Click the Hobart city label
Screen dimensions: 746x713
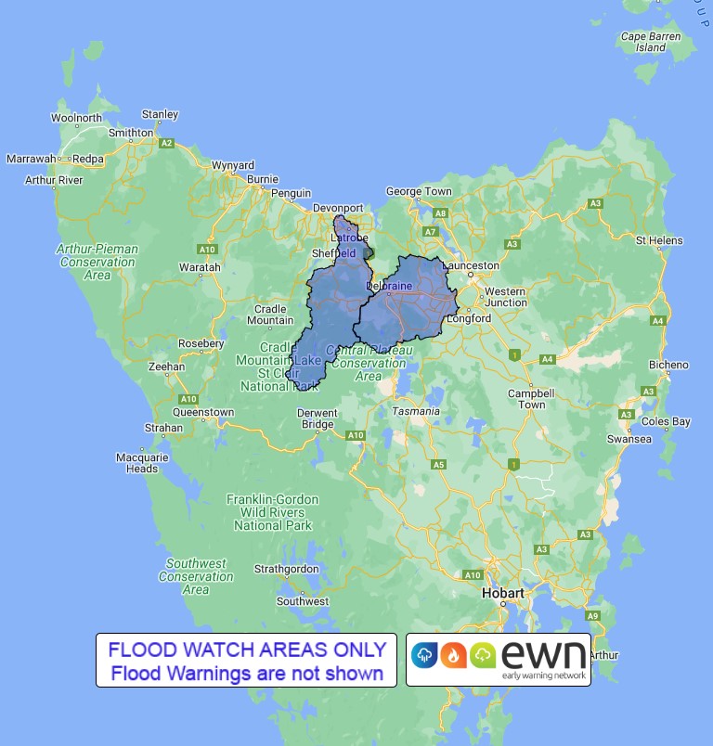(x=503, y=593)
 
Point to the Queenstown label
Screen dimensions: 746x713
(x=203, y=412)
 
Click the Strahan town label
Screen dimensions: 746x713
(x=163, y=428)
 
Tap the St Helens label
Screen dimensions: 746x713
(x=659, y=240)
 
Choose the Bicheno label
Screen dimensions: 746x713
(x=668, y=365)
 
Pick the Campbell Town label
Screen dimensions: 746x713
(x=531, y=399)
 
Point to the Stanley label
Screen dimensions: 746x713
(x=160, y=115)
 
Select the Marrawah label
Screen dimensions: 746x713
(x=32, y=159)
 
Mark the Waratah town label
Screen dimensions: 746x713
(x=200, y=267)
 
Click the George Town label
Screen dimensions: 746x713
(x=419, y=192)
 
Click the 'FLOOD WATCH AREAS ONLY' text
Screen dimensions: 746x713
(x=246, y=650)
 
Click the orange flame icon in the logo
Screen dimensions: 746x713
(x=454, y=655)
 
